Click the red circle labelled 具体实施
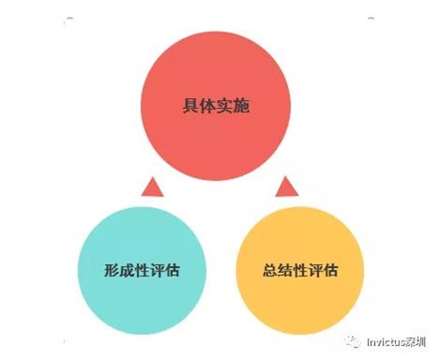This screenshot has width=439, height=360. point(216,105)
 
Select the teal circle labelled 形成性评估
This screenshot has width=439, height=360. point(142,270)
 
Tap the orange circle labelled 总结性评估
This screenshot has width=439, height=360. point(300,270)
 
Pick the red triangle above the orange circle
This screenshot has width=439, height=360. point(287,188)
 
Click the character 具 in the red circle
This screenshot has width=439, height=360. point(191,105)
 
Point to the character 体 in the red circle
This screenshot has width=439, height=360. point(207,105)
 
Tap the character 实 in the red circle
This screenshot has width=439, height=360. point(224,105)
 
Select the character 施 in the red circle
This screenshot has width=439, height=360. point(241,105)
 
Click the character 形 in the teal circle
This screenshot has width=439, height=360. point(112,270)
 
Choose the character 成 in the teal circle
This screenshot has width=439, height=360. point(126,270)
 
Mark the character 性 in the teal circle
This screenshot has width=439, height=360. point(142,270)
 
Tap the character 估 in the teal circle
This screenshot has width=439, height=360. point(172,270)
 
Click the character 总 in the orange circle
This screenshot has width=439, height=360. point(270,270)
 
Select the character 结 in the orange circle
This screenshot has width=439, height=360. point(285,270)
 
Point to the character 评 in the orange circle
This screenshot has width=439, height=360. point(315,270)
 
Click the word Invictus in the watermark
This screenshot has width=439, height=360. point(385,342)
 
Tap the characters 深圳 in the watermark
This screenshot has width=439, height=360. point(415,342)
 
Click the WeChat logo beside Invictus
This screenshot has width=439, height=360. point(352,342)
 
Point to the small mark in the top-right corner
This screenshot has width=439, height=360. point(371,18)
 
